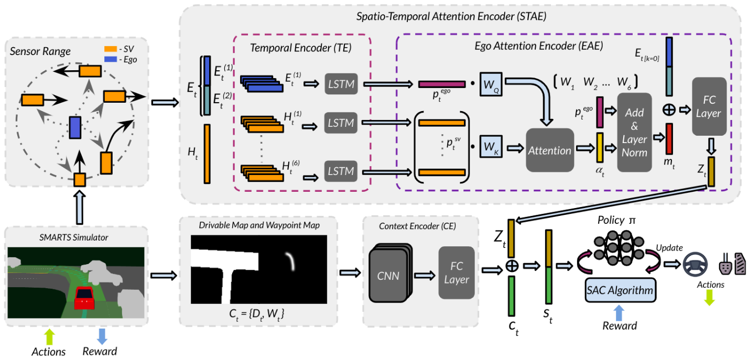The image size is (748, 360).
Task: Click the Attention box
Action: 549,150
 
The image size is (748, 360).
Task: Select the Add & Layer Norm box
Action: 634,132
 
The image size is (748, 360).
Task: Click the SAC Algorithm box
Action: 621,290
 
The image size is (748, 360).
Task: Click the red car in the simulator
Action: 83,299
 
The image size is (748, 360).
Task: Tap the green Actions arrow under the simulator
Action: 48,335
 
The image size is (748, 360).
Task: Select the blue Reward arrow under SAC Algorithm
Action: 619,312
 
